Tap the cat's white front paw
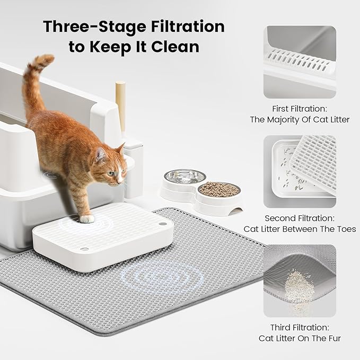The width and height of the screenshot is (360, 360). tap(87, 218)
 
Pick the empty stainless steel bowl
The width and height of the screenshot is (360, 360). tap(184, 177)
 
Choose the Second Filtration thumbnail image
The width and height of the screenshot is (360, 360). tap(300, 171)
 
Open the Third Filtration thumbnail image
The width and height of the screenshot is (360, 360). tap(300, 280)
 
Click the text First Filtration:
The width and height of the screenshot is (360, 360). tap(300, 108)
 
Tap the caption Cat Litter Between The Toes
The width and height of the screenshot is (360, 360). tap(300, 229)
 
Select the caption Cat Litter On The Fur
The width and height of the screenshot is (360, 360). tap(300, 338)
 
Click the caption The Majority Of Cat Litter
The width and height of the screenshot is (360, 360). tap(300, 119)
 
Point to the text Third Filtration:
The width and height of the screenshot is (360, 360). tap(300, 327)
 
